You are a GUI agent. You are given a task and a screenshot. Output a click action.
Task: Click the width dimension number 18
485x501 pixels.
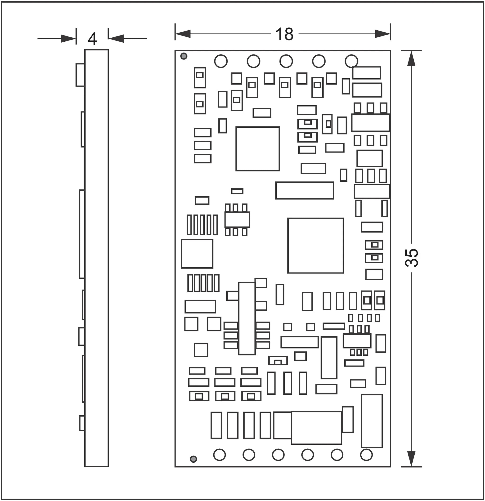[284, 34]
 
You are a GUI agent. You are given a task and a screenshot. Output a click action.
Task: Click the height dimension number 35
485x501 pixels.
[412, 258]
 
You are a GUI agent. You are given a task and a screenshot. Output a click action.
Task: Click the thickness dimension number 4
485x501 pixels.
[92, 39]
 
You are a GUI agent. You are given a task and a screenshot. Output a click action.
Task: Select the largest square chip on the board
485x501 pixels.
[315, 246]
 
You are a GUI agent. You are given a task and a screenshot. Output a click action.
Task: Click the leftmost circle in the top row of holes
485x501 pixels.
[221, 61]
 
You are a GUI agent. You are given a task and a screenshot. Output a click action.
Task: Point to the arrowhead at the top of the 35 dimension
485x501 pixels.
[411, 58]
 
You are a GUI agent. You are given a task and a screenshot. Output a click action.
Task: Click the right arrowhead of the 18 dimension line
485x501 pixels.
[383, 34]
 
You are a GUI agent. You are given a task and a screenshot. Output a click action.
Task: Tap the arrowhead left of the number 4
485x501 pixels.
[68, 39]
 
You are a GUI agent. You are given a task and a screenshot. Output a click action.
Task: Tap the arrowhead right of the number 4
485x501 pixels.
[116, 39]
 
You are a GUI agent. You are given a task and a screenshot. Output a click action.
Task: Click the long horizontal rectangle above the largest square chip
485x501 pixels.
[305, 190]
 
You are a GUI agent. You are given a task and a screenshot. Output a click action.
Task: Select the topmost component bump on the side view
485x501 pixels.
[80, 75]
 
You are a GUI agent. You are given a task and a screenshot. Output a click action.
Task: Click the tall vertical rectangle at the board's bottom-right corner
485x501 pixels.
[372, 421]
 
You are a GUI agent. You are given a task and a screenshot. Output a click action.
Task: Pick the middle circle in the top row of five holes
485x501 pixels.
[286, 61]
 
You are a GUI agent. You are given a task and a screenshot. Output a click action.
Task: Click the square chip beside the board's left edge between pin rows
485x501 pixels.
[197, 254]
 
